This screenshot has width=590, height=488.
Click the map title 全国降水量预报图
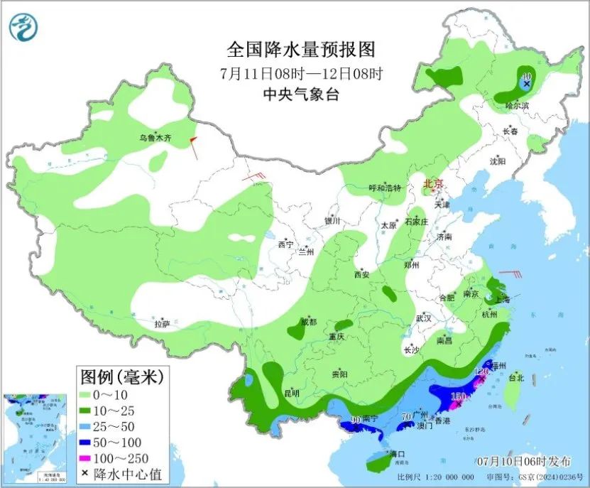pyautogui.click(x=300, y=50)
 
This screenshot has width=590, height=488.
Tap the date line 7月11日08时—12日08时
pyautogui.click(x=301, y=72)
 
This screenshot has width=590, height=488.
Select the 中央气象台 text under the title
pyautogui.click(x=300, y=94)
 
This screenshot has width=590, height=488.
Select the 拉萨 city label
pyautogui.click(x=163, y=324)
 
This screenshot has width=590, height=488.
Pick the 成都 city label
pyautogui.click(x=309, y=322)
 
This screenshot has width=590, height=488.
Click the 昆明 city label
pyautogui.click(x=291, y=393)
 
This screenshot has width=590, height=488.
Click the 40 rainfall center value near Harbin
pyautogui.click(x=526, y=76)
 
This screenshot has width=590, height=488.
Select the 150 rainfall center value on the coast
pyautogui.click(x=459, y=396)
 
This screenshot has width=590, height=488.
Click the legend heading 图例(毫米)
pyautogui.click(x=121, y=376)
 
